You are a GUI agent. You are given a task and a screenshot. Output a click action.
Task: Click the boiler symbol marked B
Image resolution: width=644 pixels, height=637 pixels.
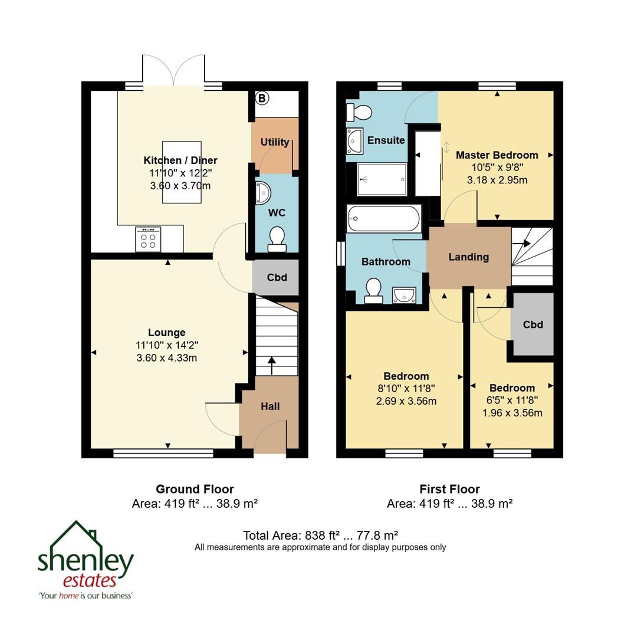point(262,98)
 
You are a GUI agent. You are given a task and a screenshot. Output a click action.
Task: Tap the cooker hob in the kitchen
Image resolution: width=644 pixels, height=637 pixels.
point(148,239)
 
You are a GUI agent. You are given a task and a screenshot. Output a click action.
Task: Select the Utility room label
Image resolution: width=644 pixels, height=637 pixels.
point(275,142)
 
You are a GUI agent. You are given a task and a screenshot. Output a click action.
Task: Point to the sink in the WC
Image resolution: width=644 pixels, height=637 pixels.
point(263,192)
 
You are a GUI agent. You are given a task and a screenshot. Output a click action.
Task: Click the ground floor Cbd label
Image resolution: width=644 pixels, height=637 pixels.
point(277,277)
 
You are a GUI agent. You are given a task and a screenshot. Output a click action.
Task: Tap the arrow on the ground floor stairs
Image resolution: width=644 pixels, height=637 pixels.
point(271,365)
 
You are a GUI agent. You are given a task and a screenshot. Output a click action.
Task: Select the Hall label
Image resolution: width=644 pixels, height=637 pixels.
point(270,406)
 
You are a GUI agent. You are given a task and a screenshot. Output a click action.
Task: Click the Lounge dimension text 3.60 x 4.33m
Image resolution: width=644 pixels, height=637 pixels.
point(167,358)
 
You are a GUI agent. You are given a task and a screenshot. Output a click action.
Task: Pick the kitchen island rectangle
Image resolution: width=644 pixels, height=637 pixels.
point(182,172)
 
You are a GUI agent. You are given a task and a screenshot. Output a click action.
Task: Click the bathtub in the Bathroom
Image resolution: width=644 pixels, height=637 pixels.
point(384,219)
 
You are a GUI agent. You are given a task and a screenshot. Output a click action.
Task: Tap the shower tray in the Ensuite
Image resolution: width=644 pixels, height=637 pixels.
point(382,179)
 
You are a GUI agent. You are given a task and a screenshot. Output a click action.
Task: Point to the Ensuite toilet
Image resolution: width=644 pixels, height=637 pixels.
point(360,111)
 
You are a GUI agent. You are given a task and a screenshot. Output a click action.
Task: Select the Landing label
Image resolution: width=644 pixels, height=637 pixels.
point(468,257)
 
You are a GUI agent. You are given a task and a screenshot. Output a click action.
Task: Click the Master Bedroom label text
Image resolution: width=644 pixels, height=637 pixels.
point(497,155)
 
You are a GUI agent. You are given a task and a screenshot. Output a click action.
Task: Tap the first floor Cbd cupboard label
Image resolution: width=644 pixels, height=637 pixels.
point(533,324)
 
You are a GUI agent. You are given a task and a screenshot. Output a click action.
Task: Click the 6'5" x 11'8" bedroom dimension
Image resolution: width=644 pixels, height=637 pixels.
point(512,400)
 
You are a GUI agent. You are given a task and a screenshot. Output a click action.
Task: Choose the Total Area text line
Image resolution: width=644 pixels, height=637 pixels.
point(320,536)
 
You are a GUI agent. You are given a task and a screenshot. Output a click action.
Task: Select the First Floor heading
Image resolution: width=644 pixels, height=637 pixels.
point(449,489)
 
